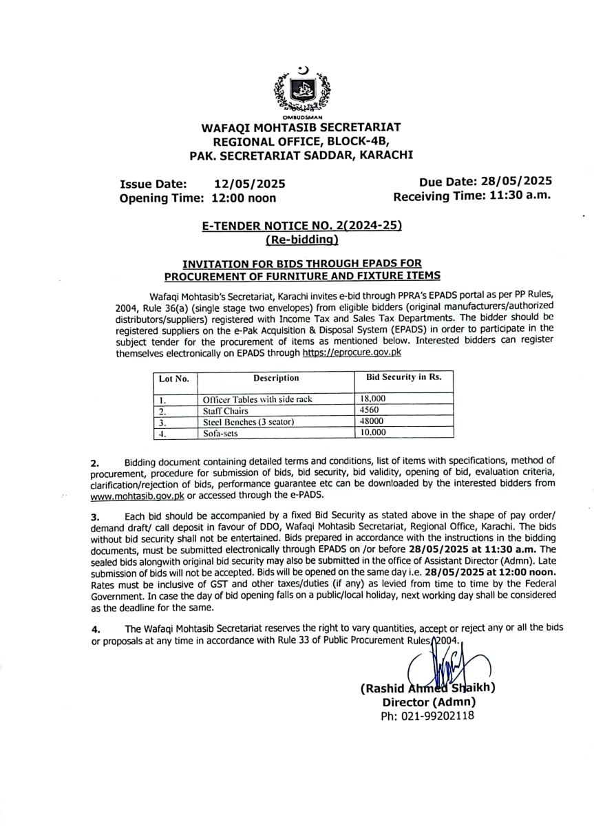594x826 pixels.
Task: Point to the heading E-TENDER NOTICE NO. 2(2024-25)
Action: (x=301, y=226)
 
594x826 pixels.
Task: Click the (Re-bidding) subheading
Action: (x=301, y=240)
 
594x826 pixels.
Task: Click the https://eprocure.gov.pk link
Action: (x=352, y=352)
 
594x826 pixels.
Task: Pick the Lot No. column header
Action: (x=173, y=379)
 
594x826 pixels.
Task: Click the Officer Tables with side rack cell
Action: (x=257, y=399)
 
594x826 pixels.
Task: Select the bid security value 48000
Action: (x=372, y=421)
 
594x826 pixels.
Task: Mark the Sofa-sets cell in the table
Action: (x=220, y=433)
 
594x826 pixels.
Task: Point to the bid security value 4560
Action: (x=370, y=410)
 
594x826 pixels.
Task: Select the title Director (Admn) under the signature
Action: (x=429, y=702)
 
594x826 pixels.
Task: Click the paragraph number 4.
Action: (x=96, y=628)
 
